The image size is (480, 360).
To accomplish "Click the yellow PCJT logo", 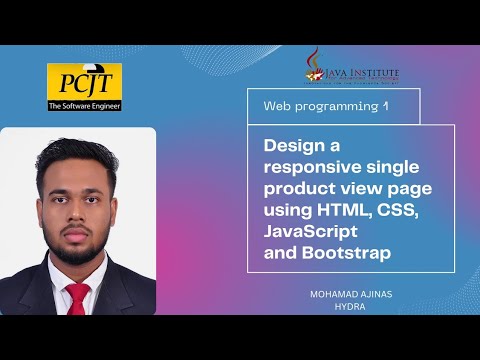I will tap(84, 80).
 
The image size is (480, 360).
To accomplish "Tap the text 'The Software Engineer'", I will tap(84, 105).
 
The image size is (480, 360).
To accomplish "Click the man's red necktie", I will tap(77, 299).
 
